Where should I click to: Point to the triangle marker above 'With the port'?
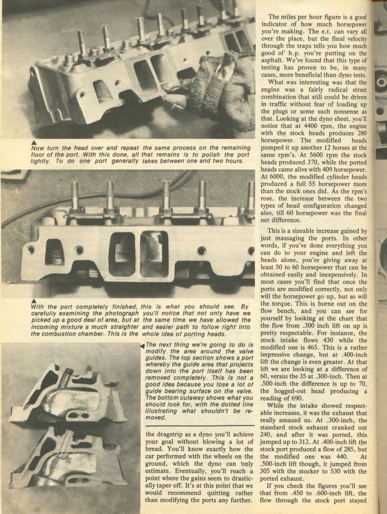(x=34, y=301)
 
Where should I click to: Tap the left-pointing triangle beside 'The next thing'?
(x=143, y=346)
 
